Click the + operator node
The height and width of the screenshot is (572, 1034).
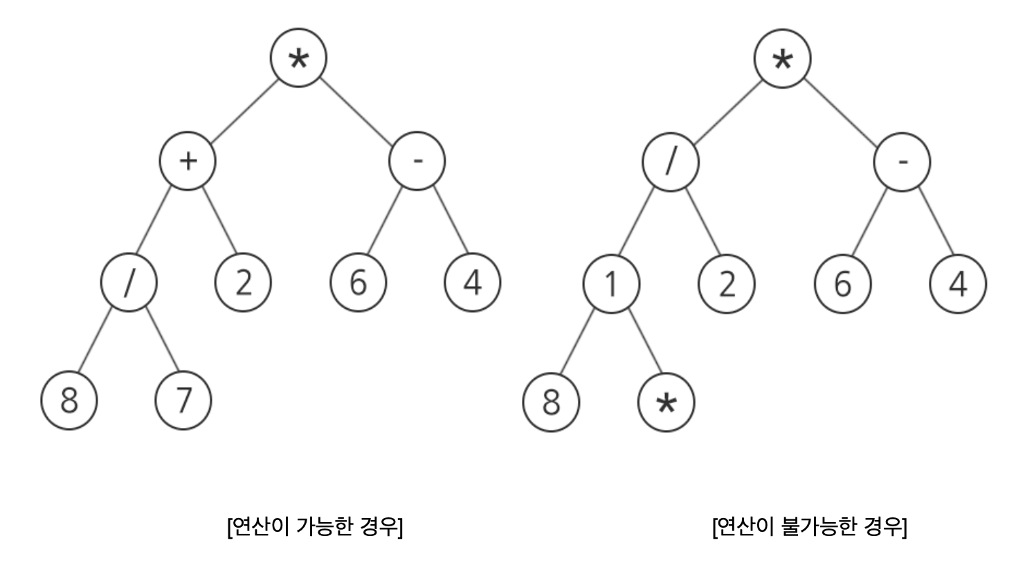point(188,161)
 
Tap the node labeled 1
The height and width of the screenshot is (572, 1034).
point(611,284)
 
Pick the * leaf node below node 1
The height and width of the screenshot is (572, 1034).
point(666,403)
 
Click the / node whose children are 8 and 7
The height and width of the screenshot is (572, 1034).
point(129,283)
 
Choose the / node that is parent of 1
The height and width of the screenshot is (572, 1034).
point(670,163)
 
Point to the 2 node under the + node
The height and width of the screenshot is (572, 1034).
point(244,283)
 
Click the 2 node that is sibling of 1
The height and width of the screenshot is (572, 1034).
point(727,284)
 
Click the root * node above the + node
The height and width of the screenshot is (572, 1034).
point(298,59)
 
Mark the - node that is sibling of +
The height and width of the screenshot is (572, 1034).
point(417,161)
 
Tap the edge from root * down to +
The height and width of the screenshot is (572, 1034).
point(244,110)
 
